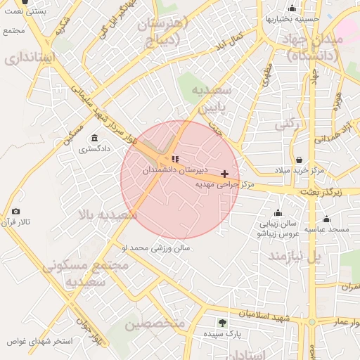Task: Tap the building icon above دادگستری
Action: [x=94, y=138]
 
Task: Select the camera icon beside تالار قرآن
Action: [x=15, y=211]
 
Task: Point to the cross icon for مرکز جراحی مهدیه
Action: [x=224, y=174]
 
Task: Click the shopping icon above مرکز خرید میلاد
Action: [x=300, y=160]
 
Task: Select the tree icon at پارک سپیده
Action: [x=222, y=323]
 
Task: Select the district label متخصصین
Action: [x=155, y=323]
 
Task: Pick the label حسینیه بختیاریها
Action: [x=292, y=19]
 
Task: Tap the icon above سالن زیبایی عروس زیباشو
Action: [x=278, y=212]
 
